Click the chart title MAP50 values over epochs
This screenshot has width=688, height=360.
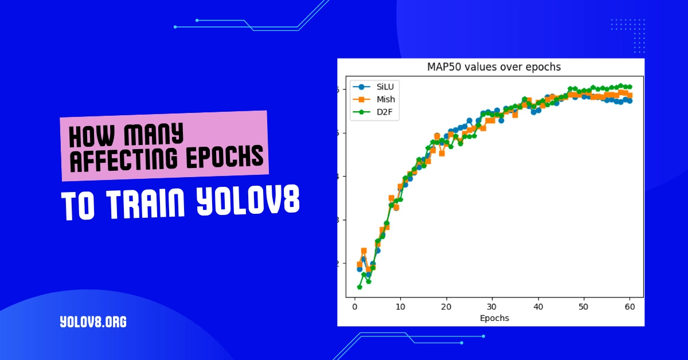494,67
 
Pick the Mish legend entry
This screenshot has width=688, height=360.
386,100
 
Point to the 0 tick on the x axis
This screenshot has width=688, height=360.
355,307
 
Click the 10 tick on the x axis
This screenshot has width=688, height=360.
400,307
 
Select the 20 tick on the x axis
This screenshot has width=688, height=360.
446,307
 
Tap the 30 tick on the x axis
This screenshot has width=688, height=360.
492,307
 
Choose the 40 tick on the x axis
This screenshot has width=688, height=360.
538,307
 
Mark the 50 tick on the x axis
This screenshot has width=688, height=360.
584,307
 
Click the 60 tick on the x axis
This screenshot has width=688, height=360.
630,307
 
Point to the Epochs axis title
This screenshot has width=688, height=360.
493,318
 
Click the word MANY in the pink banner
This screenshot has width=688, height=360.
152,135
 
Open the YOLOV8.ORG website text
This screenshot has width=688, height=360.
93,322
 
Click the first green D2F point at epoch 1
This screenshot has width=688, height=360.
359,287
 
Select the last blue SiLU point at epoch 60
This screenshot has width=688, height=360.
630,101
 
